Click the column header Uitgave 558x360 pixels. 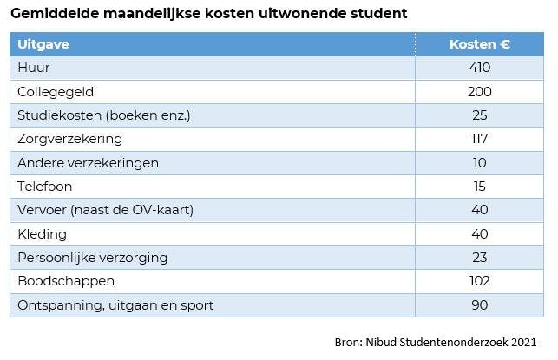(43, 44)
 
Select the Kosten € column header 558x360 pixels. (480, 44)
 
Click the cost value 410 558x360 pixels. (479, 68)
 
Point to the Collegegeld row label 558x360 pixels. (56, 91)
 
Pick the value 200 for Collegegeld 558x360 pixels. (479, 91)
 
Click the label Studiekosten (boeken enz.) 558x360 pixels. (103, 115)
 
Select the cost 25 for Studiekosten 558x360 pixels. (479, 115)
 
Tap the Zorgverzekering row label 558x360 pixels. (70, 139)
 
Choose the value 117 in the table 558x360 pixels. (479, 139)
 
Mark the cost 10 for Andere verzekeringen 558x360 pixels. (479, 162)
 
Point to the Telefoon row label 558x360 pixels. (45, 187)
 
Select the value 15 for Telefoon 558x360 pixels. (479, 187)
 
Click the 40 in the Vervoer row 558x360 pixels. (479, 210)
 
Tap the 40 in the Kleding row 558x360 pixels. (479, 234)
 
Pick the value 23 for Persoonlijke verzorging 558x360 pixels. (479, 258)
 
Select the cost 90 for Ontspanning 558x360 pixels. (479, 305)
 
